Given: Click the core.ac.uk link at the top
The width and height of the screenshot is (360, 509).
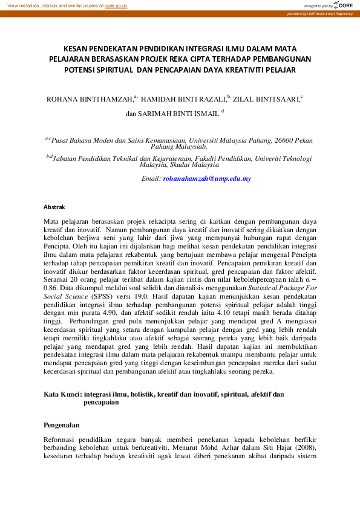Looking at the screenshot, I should tap(116, 5).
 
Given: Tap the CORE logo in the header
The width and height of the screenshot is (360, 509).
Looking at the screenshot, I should tap(344, 5).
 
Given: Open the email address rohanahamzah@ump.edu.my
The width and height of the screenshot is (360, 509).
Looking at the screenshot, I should tap(207, 179).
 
